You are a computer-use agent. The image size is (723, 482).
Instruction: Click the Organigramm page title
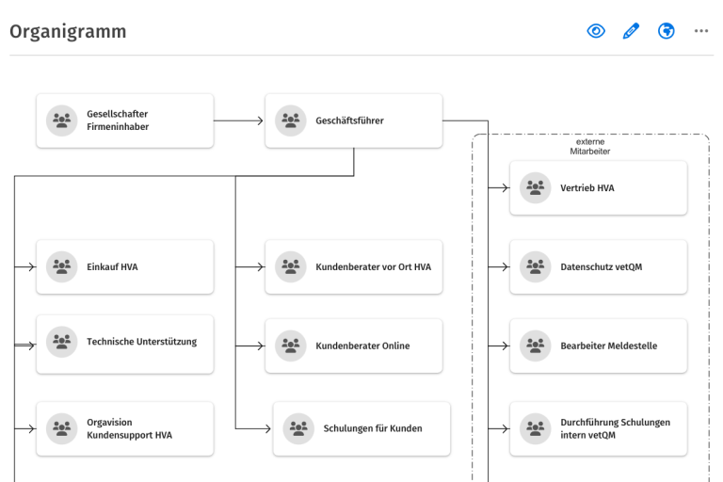68,32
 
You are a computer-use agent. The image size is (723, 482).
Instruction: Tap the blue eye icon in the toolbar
596,31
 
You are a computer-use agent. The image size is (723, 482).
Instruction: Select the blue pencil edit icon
631,31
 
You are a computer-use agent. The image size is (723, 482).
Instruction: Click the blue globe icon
666,31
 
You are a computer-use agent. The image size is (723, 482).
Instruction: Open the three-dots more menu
700,31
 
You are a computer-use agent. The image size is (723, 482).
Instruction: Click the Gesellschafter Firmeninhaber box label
118,120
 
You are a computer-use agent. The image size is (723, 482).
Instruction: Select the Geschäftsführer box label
349,120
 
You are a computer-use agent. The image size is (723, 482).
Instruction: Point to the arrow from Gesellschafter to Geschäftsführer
238,120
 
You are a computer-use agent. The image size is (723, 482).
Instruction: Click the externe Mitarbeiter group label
589,146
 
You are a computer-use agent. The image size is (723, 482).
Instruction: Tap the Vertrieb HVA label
587,188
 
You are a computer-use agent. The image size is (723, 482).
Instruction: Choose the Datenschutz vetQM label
602,267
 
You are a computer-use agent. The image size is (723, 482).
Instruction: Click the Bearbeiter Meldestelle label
609,345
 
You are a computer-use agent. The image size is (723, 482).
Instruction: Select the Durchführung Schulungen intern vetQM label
615,428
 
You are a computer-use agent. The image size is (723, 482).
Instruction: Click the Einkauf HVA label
112,267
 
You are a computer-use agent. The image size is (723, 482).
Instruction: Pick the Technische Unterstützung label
141,342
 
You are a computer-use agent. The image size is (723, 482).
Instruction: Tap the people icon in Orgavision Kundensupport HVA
62,428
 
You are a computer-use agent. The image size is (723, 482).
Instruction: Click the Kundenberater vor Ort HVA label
373,267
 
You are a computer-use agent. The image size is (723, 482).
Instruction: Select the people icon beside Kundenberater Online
291,345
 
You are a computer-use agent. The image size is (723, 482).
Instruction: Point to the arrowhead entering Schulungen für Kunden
268,428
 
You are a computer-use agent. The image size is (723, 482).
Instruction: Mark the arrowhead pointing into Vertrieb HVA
506,187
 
